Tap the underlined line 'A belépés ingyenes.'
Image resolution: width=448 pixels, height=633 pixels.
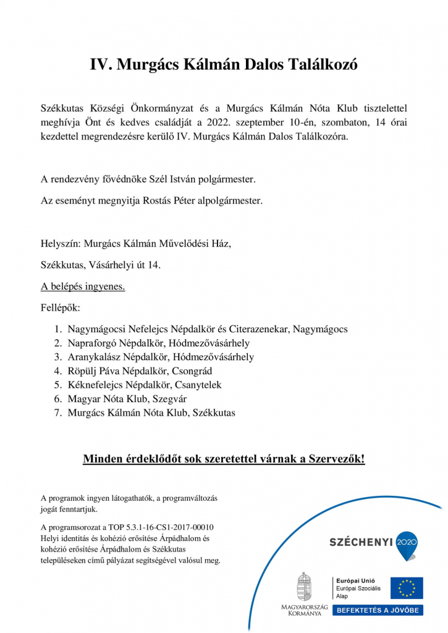[x=83, y=287]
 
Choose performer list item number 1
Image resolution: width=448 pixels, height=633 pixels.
[x=208, y=329]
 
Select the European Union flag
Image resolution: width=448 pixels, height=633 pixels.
[x=407, y=588]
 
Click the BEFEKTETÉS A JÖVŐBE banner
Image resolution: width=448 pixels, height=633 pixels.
[x=378, y=610]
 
